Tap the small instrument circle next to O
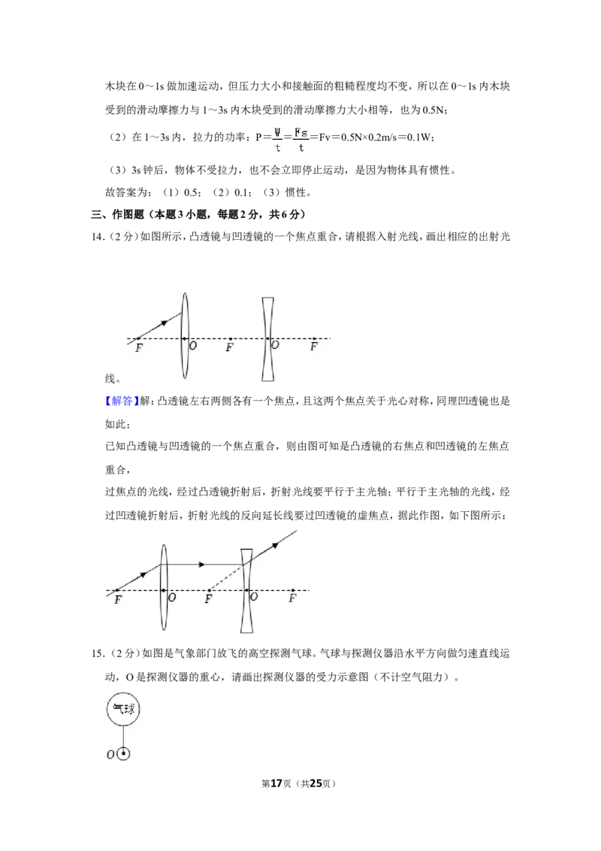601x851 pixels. pos(124,754)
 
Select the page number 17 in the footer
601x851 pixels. pos(276,783)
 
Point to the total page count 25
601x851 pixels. pos(315,783)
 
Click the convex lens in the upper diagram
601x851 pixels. pos(185,335)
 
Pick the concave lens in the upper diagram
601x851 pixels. pos(268,339)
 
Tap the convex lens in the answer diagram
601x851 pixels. pos(164,588)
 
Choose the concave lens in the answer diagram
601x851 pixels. pos(247,590)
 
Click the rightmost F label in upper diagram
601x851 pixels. pos(313,347)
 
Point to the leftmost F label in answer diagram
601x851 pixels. pos(118,600)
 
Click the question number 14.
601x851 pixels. pos(97,237)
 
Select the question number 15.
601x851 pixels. pos(97,653)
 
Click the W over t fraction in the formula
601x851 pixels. pos(277,139)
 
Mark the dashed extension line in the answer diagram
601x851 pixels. pos(228,577)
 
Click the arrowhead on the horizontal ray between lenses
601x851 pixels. pos(201,565)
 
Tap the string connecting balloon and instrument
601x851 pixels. pos(124,737)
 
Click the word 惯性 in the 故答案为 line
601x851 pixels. pos(296,192)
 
